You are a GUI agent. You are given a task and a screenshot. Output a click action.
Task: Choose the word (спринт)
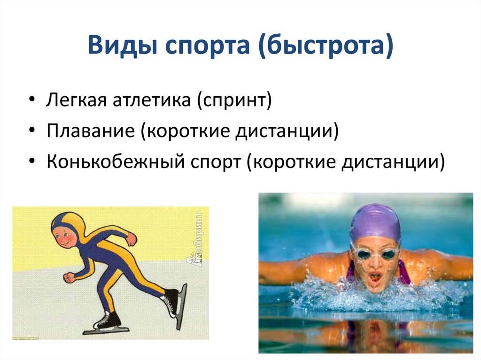pyautogui.click(x=234, y=101)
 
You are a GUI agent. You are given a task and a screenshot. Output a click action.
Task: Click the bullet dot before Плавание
pyautogui.click(x=31, y=131)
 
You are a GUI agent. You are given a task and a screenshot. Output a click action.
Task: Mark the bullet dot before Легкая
pyautogui.click(x=31, y=101)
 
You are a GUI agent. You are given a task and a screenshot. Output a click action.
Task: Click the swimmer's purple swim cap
pyautogui.click(x=376, y=222)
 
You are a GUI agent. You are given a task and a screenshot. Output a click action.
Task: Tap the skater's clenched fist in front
pyautogui.click(x=69, y=277)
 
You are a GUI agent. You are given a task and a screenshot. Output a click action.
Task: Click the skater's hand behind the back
pyautogui.click(x=132, y=240)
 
